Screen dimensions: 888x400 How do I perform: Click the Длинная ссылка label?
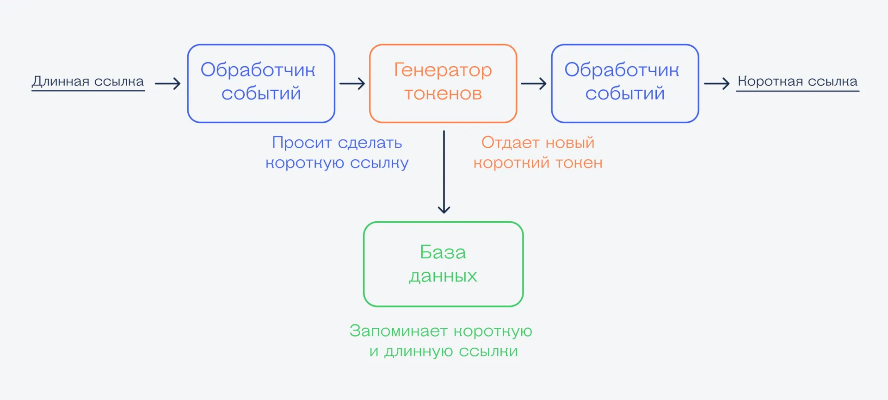pyautogui.click(x=88, y=82)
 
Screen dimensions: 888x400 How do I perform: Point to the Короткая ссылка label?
pyautogui.click(x=797, y=82)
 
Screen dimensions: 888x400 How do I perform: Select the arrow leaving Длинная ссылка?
pyautogui.click(x=167, y=84)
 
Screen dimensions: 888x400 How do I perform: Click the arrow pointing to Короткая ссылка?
pyautogui.click(x=716, y=84)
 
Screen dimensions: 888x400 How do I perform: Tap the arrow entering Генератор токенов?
pyautogui.click(x=352, y=84)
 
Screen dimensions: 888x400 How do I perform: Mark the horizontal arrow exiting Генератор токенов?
pyautogui.click(x=534, y=84)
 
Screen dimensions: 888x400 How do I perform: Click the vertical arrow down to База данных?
pyautogui.click(x=444, y=172)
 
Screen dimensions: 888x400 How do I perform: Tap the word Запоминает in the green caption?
pyautogui.click(x=398, y=331)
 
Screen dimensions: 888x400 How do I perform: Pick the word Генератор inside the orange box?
pyautogui.click(x=443, y=70)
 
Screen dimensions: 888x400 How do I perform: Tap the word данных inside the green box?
pyautogui.click(x=443, y=276)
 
